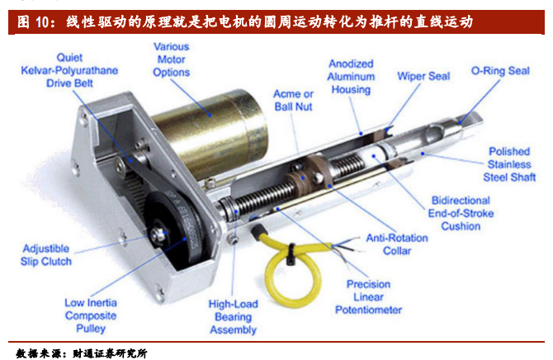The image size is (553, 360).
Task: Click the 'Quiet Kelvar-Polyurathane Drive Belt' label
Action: [x=69, y=70]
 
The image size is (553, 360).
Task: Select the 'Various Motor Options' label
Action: [x=171, y=59]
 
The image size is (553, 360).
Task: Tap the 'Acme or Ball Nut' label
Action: [x=294, y=100]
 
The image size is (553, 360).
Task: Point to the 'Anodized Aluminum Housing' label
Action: [x=351, y=77]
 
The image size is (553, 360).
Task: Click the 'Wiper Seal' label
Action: [x=423, y=76]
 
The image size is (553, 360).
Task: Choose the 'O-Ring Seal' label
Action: [x=500, y=70]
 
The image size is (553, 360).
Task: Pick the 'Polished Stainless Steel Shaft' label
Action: [x=509, y=164]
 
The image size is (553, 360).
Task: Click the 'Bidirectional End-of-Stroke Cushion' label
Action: [x=461, y=213]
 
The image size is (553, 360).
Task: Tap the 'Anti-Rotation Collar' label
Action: [x=397, y=244]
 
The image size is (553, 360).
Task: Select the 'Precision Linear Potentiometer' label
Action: [x=368, y=296]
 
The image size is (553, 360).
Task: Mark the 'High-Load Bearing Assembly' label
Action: [x=233, y=316]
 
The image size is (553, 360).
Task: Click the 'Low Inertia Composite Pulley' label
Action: [x=91, y=315]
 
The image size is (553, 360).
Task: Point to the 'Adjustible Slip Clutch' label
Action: [x=46, y=255]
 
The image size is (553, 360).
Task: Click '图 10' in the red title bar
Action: [x=32, y=22]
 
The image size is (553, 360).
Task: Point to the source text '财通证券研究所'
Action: [x=110, y=353]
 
